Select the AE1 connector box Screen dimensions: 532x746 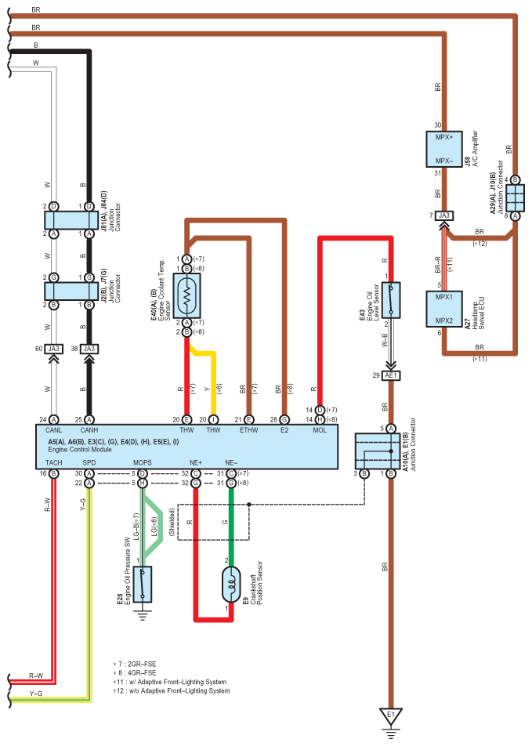391,375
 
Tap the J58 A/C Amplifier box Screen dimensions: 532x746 444,149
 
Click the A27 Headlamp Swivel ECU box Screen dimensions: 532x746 444,309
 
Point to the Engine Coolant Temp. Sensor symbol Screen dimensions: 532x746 186,295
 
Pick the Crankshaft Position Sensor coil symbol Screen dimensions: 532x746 231,585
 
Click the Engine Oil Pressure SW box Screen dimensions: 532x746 143,585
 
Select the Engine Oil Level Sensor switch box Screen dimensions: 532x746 391,300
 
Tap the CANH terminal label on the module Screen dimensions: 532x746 89,430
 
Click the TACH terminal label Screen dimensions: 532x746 54,462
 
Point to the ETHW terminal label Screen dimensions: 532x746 248,430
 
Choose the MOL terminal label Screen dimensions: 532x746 320,430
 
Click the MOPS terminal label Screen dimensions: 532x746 143,462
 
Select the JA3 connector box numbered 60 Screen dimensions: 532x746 54,349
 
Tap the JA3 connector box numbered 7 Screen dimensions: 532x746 444,215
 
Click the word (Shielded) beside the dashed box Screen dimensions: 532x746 172,522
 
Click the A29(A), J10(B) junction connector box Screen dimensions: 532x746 516,198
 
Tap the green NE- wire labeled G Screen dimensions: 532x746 231,523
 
